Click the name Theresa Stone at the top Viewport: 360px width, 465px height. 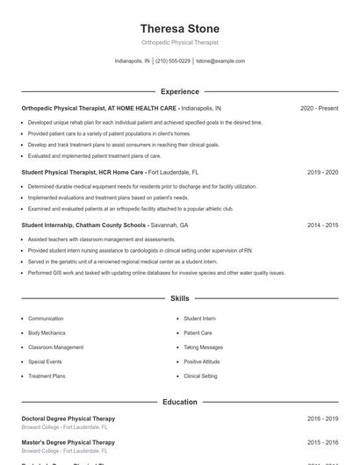point(179,29)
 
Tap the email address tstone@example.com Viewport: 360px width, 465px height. point(220,61)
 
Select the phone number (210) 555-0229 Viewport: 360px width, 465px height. point(173,61)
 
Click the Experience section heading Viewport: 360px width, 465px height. point(179,91)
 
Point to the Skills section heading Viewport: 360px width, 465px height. point(179,298)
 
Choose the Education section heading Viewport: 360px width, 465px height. point(179,402)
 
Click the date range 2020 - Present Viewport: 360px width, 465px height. point(319,108)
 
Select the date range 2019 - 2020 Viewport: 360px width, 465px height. point(322,173)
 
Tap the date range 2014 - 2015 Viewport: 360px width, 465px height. point(322,225)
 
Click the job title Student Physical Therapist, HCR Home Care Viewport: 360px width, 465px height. point(83,173)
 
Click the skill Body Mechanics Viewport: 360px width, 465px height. point(47,333)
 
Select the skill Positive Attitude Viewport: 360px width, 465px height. point(202,361)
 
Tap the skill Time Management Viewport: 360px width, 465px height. point(204,347)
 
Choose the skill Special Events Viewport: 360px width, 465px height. point(45,361)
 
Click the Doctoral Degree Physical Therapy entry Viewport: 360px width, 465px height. point(68,418)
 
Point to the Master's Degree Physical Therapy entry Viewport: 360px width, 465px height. point(68,442)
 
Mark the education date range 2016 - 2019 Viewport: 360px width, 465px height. point(322,418)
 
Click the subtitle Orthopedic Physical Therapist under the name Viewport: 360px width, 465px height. point(179,42)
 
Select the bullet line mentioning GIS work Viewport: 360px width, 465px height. point(156,273)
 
